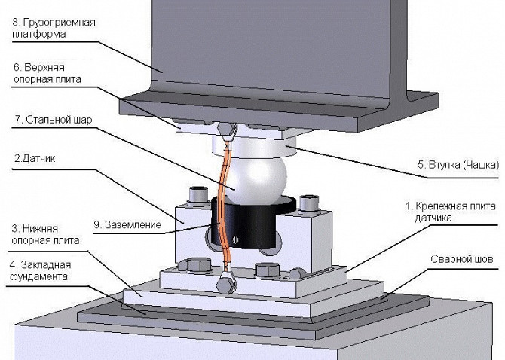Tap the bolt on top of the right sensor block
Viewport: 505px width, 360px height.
[307, 203]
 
